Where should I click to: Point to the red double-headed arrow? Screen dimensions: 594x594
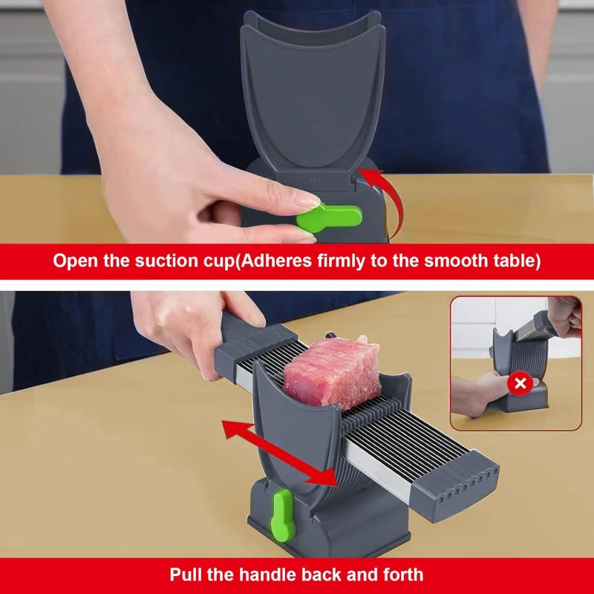tap(280, 452)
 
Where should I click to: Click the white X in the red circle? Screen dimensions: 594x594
tap(520, 383)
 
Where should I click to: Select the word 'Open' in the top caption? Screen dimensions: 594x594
tap(76, 261)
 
